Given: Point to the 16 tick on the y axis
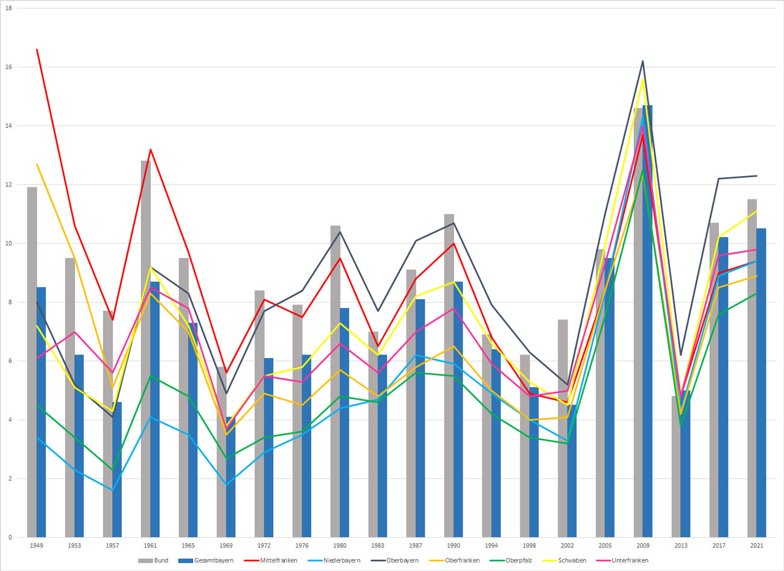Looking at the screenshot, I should [x=8, y=67].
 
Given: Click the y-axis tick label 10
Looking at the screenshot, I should [x=8, y=244].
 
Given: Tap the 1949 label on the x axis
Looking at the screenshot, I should [x=36, y=546].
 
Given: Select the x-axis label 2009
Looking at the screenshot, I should [x=643, y=546].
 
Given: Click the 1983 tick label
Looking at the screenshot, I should [x=378, y=546].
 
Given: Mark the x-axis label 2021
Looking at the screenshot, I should [x=756, y=546].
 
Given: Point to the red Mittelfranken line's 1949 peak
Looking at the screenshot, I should [x=37, y=49].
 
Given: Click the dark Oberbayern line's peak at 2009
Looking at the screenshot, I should [x=643, y=61].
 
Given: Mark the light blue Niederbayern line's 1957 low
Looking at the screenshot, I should [x=112, y=490].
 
